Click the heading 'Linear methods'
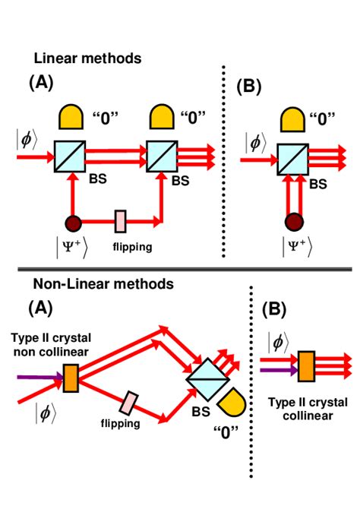87,57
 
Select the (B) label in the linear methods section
249,85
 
